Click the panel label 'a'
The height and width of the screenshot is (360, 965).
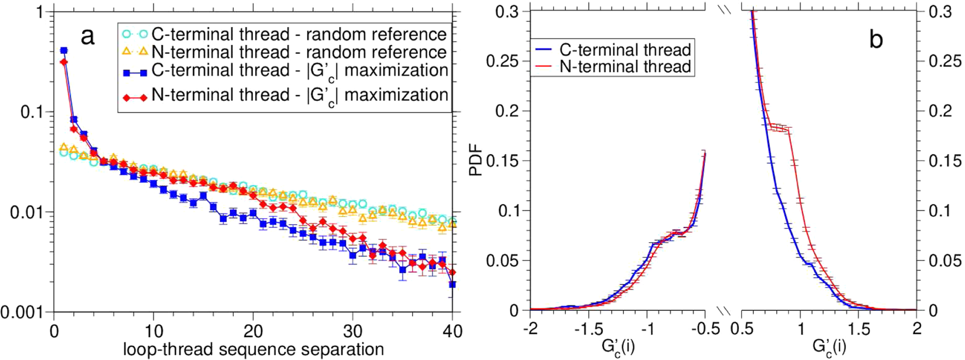[x=87, y=38]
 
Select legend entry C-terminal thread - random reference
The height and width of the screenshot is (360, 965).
[x=299, y=34]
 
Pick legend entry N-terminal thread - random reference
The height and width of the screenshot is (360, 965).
[x=299, y=52]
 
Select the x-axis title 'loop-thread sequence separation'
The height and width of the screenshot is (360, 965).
[x=253, y=350]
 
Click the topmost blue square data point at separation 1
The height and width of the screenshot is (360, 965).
[x=64, y=50]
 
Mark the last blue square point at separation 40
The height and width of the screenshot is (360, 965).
[x=452, y=284]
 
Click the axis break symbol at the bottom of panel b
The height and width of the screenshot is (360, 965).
[x=724, y=311]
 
